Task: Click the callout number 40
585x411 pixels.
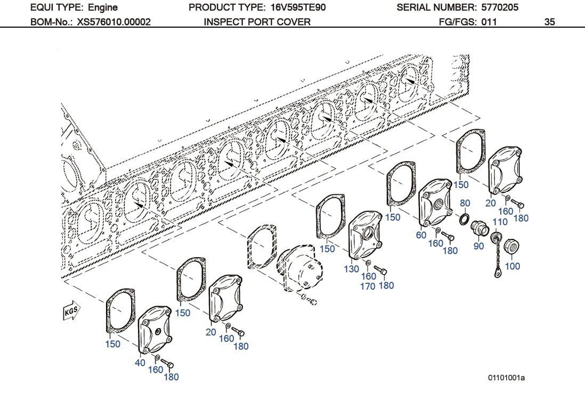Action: coord(140,363)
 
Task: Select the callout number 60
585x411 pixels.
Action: coord(421,235)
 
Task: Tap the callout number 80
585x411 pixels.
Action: coord(465,203)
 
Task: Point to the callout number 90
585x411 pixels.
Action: coord(479,246)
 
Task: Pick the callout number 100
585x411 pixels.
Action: coord(513,266)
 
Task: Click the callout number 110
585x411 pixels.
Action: coord(500,222)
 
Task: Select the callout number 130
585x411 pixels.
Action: coord(352,269)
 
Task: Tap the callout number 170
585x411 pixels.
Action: coord(368,286)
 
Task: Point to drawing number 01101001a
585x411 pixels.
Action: coord(507,378)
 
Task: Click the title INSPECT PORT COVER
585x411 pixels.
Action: coord(257,22)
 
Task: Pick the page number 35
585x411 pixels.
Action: coord(550,22)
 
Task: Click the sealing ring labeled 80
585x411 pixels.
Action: coord(464,219)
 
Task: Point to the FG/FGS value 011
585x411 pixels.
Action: coord(489,22)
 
